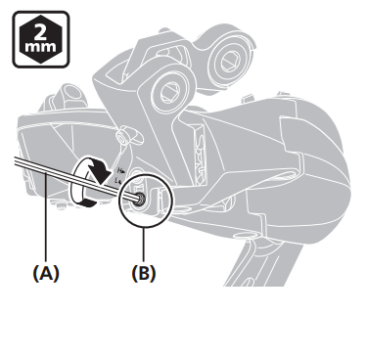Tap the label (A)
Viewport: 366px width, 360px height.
coord(44,273)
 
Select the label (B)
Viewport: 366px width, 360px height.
coord(143,273)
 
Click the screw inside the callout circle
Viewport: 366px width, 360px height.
coord(142,200)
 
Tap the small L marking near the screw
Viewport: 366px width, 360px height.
coord(118,181)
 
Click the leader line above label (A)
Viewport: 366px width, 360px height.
coord(44,230)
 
